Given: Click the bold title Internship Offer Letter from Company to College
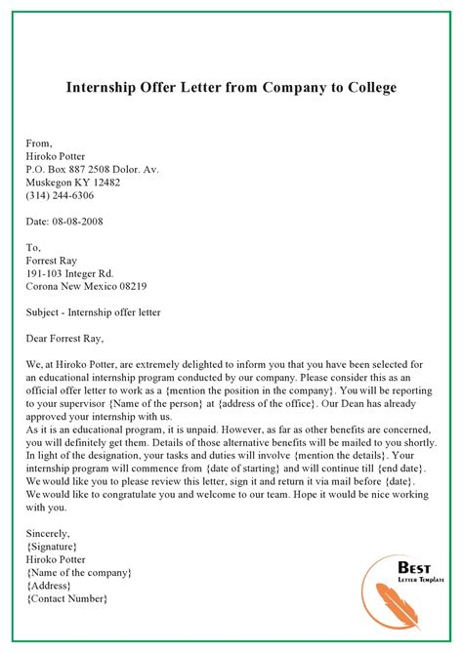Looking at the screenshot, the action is tap(231, 89).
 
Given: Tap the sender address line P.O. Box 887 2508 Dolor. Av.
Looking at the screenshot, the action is tap(93, 169).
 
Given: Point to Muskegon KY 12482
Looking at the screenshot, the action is tap(74, 183).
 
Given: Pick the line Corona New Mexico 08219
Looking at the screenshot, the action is tap(87, 287).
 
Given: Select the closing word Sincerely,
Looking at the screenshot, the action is tap(49, 533).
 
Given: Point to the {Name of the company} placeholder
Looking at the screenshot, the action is tap(79, 572).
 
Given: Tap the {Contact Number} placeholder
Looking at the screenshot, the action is tap(67, 598).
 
